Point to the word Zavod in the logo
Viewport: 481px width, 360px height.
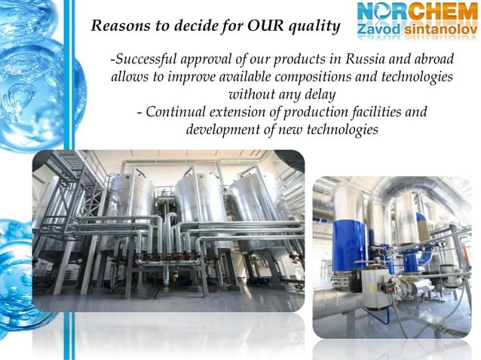click(375, 32)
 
